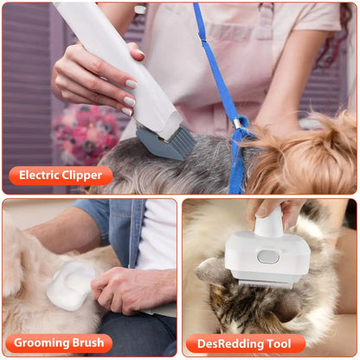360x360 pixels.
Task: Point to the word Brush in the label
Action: [93, 344]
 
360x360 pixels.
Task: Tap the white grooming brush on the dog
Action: [69, 286]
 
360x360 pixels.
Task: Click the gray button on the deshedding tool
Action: [268, 256]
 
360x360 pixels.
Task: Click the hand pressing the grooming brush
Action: [130, 290]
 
